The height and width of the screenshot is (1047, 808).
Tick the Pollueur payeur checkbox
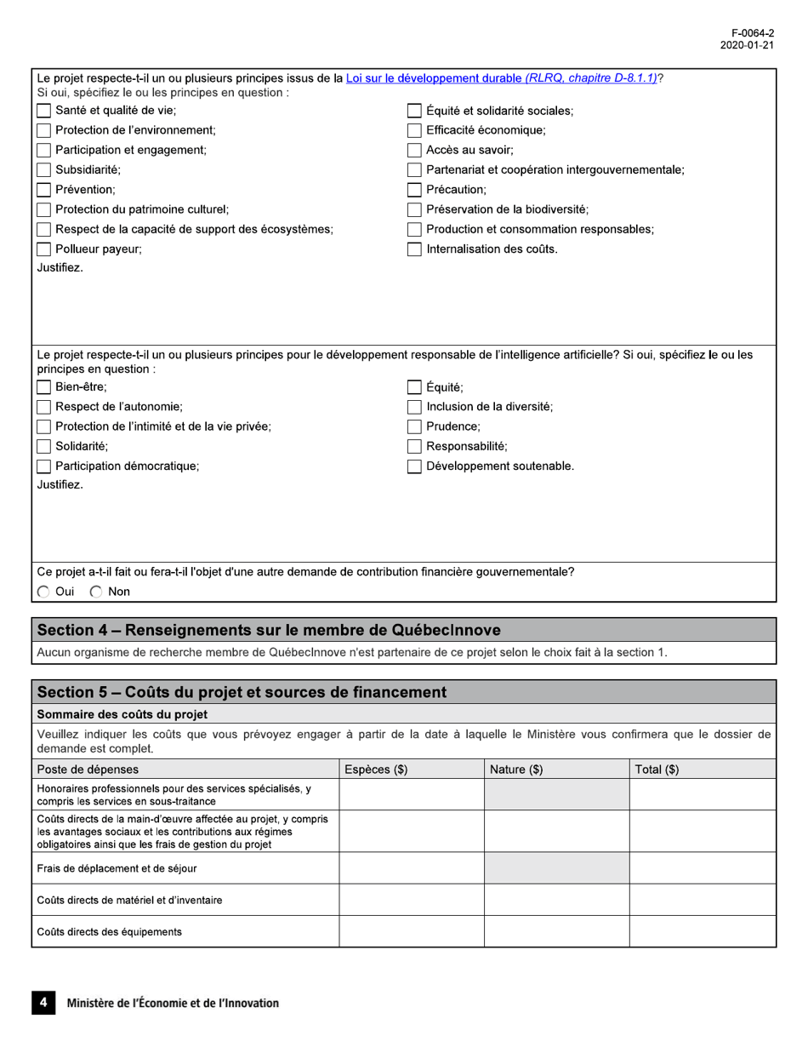tap(43, 249)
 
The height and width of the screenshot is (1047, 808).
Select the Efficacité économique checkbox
tap(414, 131)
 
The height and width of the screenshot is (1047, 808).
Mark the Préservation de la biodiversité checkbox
tap(414, 209)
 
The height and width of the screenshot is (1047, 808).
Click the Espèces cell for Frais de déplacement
tap(412, 867)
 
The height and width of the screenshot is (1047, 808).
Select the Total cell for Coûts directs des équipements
tap(702, 931)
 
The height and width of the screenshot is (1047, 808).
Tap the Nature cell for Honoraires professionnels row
tap(556, 794)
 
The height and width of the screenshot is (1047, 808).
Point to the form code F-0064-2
tap(754, 32)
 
